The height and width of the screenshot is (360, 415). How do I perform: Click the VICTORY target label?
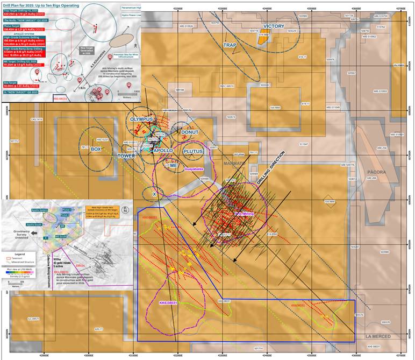coord(274,26)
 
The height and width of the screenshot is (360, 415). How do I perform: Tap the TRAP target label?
coord(230,45)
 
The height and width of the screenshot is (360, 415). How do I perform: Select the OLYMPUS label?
coord(141,119)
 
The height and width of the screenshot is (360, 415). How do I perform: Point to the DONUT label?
coord(190,132)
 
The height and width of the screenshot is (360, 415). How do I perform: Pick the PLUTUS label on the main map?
coord(193,151)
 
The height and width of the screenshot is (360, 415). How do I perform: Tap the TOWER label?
coord(126,156)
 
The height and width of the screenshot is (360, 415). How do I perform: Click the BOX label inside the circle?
coord(96,149)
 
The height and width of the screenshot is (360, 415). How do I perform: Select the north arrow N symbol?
coord(125,210)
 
